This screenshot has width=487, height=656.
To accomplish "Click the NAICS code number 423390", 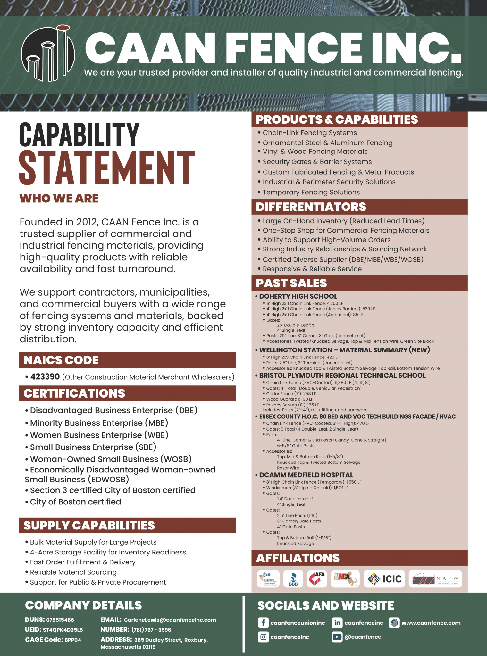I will click(45, 377).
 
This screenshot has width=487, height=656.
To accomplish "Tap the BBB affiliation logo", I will click(293, 579).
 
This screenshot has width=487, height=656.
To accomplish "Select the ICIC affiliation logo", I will click(384, 579).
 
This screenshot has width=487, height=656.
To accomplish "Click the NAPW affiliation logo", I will click(435, 579).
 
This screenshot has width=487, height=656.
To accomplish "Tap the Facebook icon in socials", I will click(263, 623).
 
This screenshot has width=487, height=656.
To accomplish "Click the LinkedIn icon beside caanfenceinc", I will click(337, 623).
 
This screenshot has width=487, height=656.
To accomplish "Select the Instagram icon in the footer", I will click(263, 637).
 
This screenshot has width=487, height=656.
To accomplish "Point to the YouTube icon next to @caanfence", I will click(337, 637).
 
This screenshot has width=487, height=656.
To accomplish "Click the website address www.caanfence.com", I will click(431, 623).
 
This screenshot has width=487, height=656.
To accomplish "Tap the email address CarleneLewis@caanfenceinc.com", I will click(170, 620).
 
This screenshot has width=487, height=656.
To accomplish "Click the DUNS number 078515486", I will click(60, 620).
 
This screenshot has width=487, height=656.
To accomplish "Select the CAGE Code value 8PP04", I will click(73, 640).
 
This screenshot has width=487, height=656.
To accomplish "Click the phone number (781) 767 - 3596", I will click(151, 630).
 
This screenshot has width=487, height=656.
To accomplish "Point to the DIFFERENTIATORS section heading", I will click(311, 207).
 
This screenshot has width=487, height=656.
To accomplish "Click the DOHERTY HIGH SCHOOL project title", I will click(298, 296).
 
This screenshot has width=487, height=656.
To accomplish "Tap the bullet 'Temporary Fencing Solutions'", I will click(311, 192).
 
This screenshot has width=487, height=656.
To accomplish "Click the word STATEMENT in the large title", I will click(107, 168).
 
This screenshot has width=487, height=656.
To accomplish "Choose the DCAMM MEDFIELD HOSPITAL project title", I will click(306, 475).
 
